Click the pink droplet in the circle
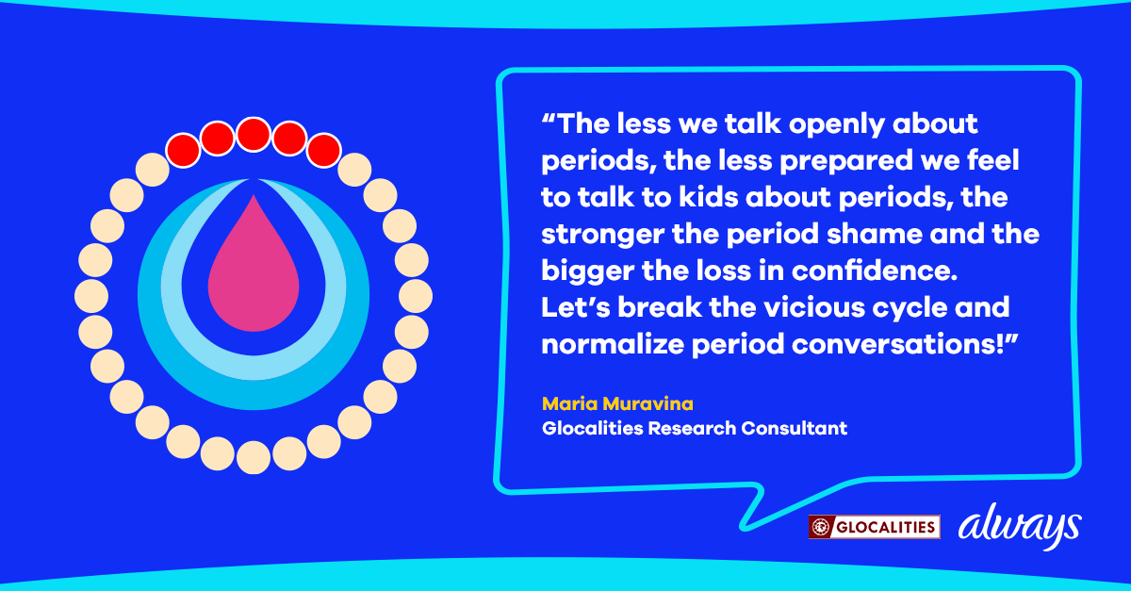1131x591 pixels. point(254,272)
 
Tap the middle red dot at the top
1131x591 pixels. point(254,135)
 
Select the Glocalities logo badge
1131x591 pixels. point(874,527)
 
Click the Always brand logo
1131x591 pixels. point(1020,526)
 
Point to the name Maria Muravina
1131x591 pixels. point(617,403)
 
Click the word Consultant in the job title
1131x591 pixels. point(795,428)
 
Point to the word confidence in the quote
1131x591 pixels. point(875,271)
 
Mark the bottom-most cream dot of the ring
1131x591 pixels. point(254,458)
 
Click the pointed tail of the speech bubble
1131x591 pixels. point(745,527)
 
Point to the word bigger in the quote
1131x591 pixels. point(587,271)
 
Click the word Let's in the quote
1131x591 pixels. point(576,307)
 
